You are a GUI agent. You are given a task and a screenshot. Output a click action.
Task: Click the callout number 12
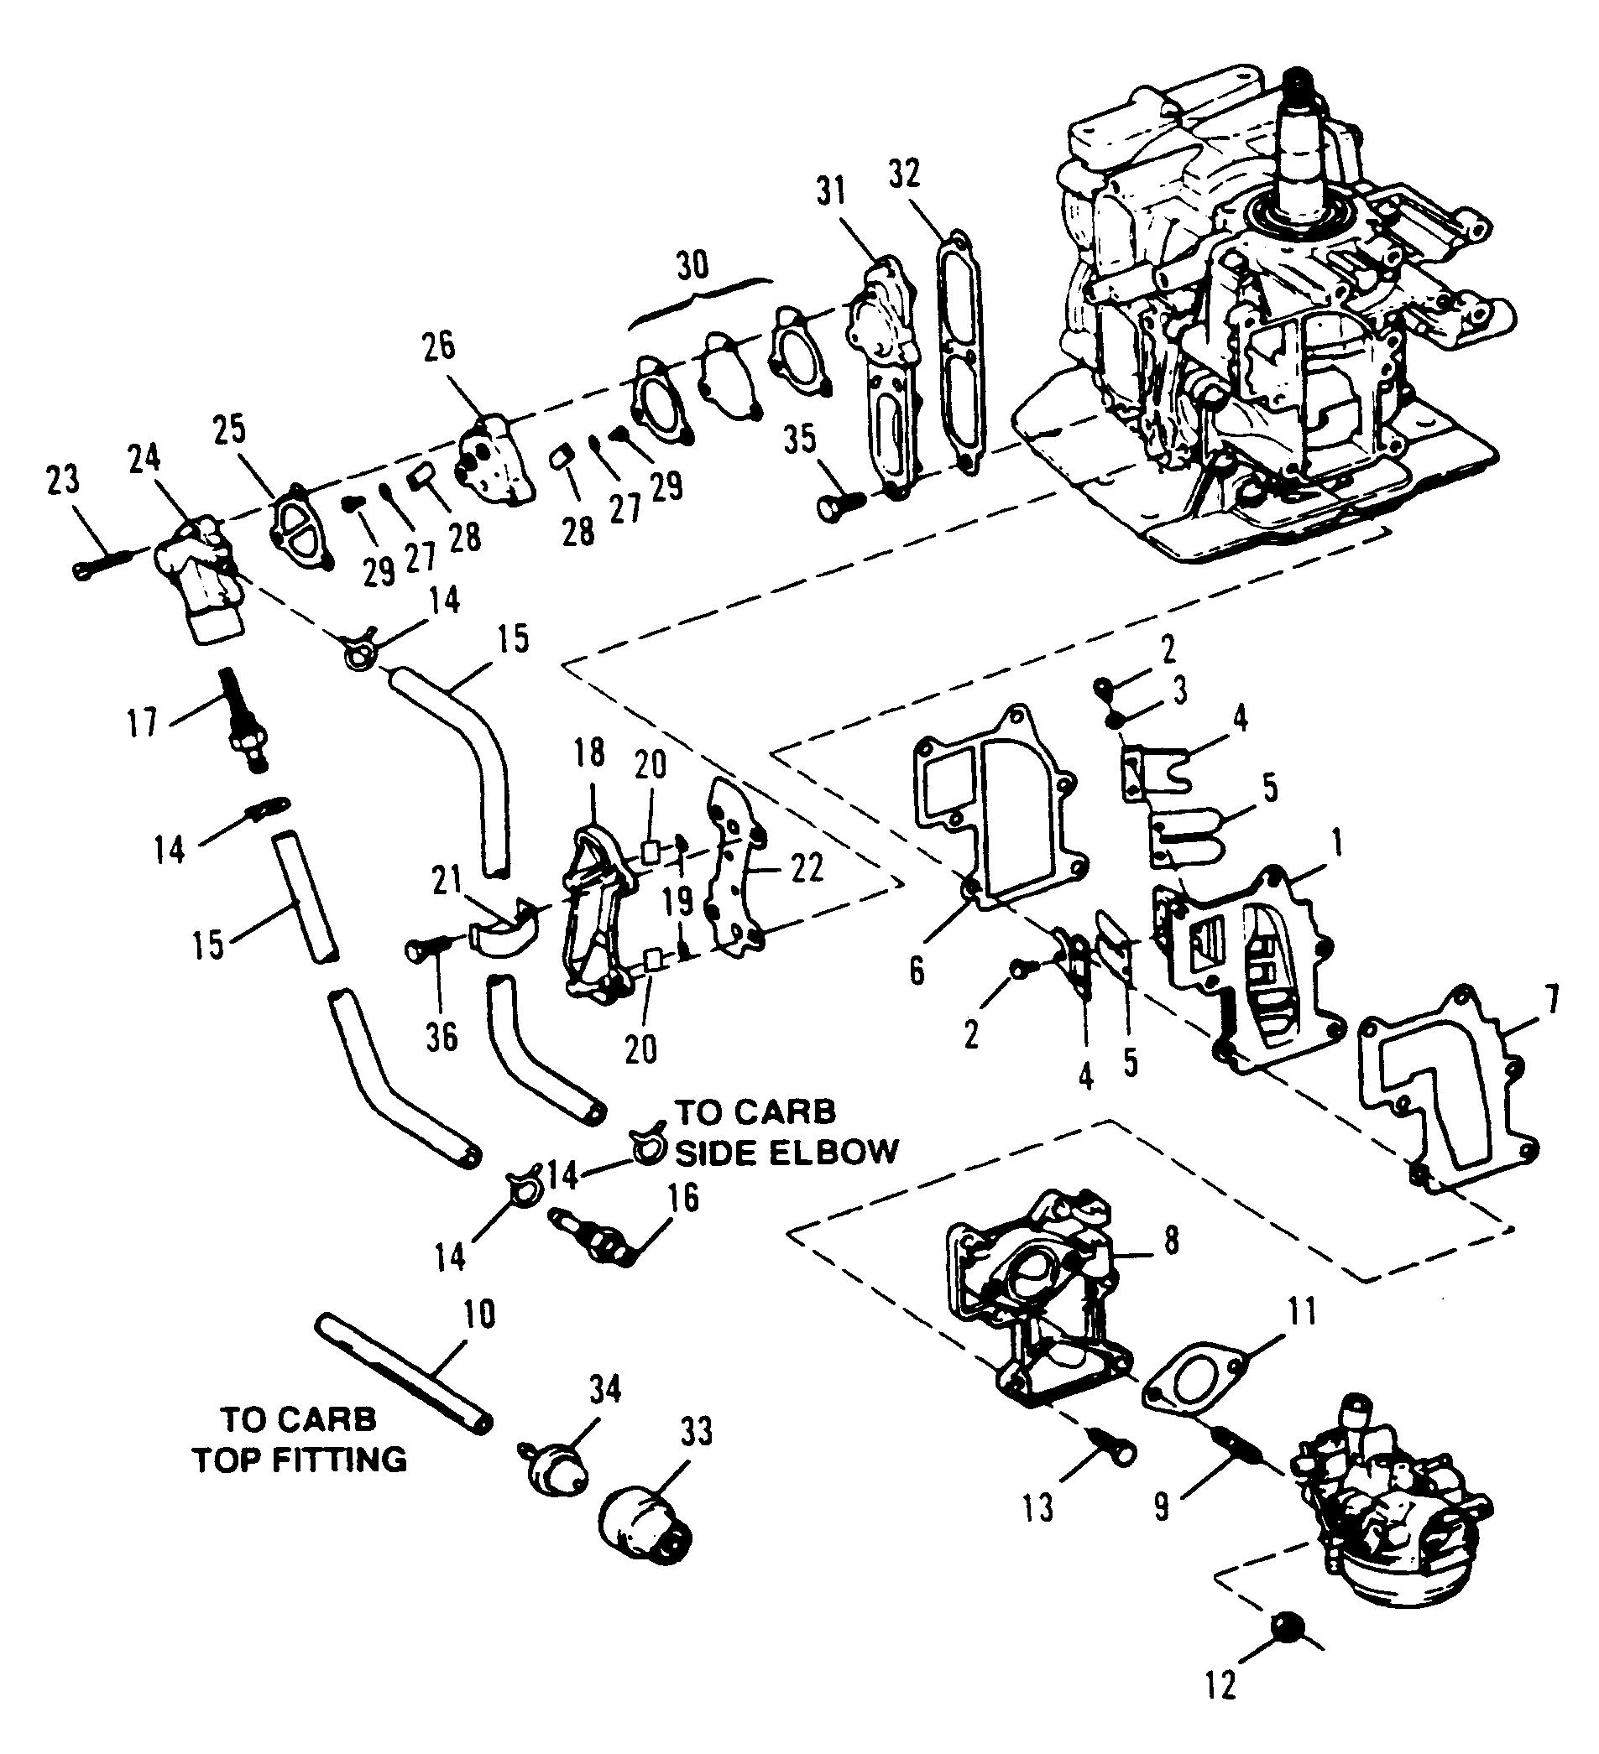click(1222, 1710)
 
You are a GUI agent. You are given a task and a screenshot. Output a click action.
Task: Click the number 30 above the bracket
click(692, 266)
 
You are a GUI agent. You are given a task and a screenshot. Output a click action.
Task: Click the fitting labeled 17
click(243, 719)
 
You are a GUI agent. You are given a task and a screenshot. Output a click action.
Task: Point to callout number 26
click(440, 346)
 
